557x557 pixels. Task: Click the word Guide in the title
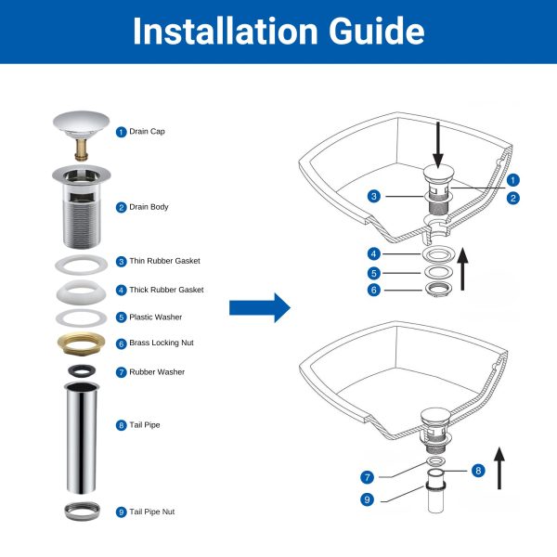(x=377, y=31)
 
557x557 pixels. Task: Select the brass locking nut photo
(x=82, y=343)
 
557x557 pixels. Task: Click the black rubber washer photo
(x=82, y=370)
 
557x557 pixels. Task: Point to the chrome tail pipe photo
(x=82, y=437)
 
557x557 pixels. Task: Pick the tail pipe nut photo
(x=82, y=512)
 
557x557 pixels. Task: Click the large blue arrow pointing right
(x=260, y=307)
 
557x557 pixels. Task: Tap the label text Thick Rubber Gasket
(x=166, y=290)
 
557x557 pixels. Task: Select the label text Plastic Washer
(x=156, y=317)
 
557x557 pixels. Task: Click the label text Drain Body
(x=149, y=207)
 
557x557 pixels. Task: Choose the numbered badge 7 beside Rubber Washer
(x=121, y=372)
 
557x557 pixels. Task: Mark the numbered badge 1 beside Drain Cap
(x=121, y=132)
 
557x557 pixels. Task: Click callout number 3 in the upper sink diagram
(x=374, y=196)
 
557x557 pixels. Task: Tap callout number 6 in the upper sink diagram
(x=374, y=290)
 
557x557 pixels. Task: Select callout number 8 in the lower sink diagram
(x=478, y=471)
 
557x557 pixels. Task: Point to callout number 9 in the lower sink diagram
(x=367, y=499)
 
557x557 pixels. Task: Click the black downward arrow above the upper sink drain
(x=438, y=145)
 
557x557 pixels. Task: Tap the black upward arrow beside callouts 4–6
(x=462, y=269)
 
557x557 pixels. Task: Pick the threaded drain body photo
(x=82, y=206)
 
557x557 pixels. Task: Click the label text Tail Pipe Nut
(x=152, y=512)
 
